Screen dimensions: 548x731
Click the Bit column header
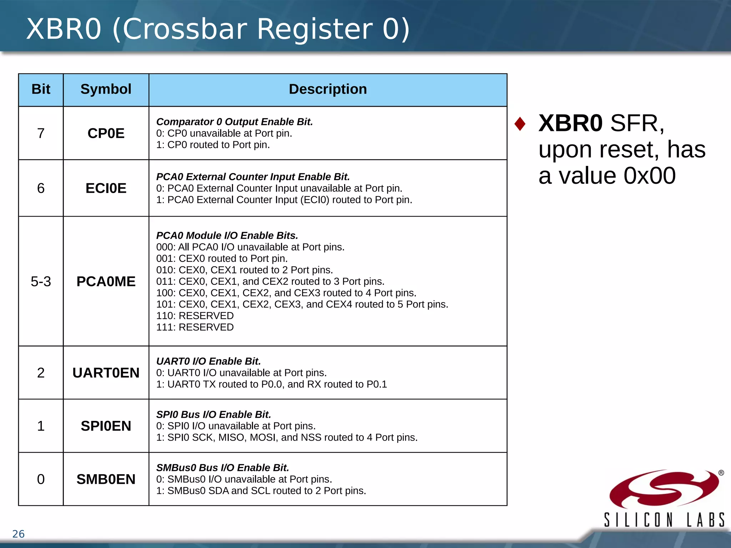41,89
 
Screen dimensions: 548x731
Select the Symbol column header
106,89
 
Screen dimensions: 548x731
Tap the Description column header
327,89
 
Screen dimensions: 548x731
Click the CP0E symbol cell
106,133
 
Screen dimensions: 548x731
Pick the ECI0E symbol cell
106,188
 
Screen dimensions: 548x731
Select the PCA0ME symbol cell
106,281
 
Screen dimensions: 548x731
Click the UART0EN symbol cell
106,373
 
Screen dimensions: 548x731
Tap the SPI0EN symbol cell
106,426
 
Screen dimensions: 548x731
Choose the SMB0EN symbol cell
106,479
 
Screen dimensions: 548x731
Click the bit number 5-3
41,281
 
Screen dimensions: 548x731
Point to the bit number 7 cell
41,133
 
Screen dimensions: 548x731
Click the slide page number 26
18,534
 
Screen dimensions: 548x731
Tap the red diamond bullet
520,124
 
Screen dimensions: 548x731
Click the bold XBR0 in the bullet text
570,123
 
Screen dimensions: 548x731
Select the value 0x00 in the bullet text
649,176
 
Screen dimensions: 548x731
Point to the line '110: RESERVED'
195,316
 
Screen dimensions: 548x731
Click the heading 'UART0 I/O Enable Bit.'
208,361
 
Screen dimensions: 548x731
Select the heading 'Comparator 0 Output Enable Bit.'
235,122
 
